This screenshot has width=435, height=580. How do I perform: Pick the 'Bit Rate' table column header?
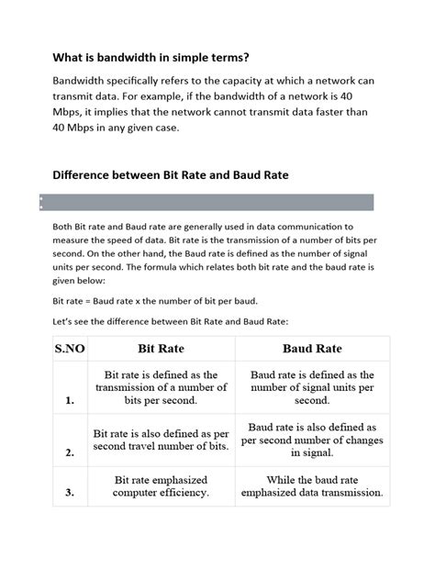162,349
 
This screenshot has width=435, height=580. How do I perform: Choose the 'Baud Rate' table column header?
312,349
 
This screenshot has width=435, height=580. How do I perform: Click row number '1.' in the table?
70,400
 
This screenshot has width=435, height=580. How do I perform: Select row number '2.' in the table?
70,452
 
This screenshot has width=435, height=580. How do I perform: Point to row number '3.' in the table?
70,493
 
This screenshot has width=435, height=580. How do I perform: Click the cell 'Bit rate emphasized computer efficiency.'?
162,486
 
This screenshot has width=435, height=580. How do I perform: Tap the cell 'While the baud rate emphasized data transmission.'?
312,486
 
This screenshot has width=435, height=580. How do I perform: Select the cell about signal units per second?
312,387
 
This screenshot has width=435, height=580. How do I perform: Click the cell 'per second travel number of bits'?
162,439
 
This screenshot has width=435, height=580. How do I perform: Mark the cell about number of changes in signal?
312,439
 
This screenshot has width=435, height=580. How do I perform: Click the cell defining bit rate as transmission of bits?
162,387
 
